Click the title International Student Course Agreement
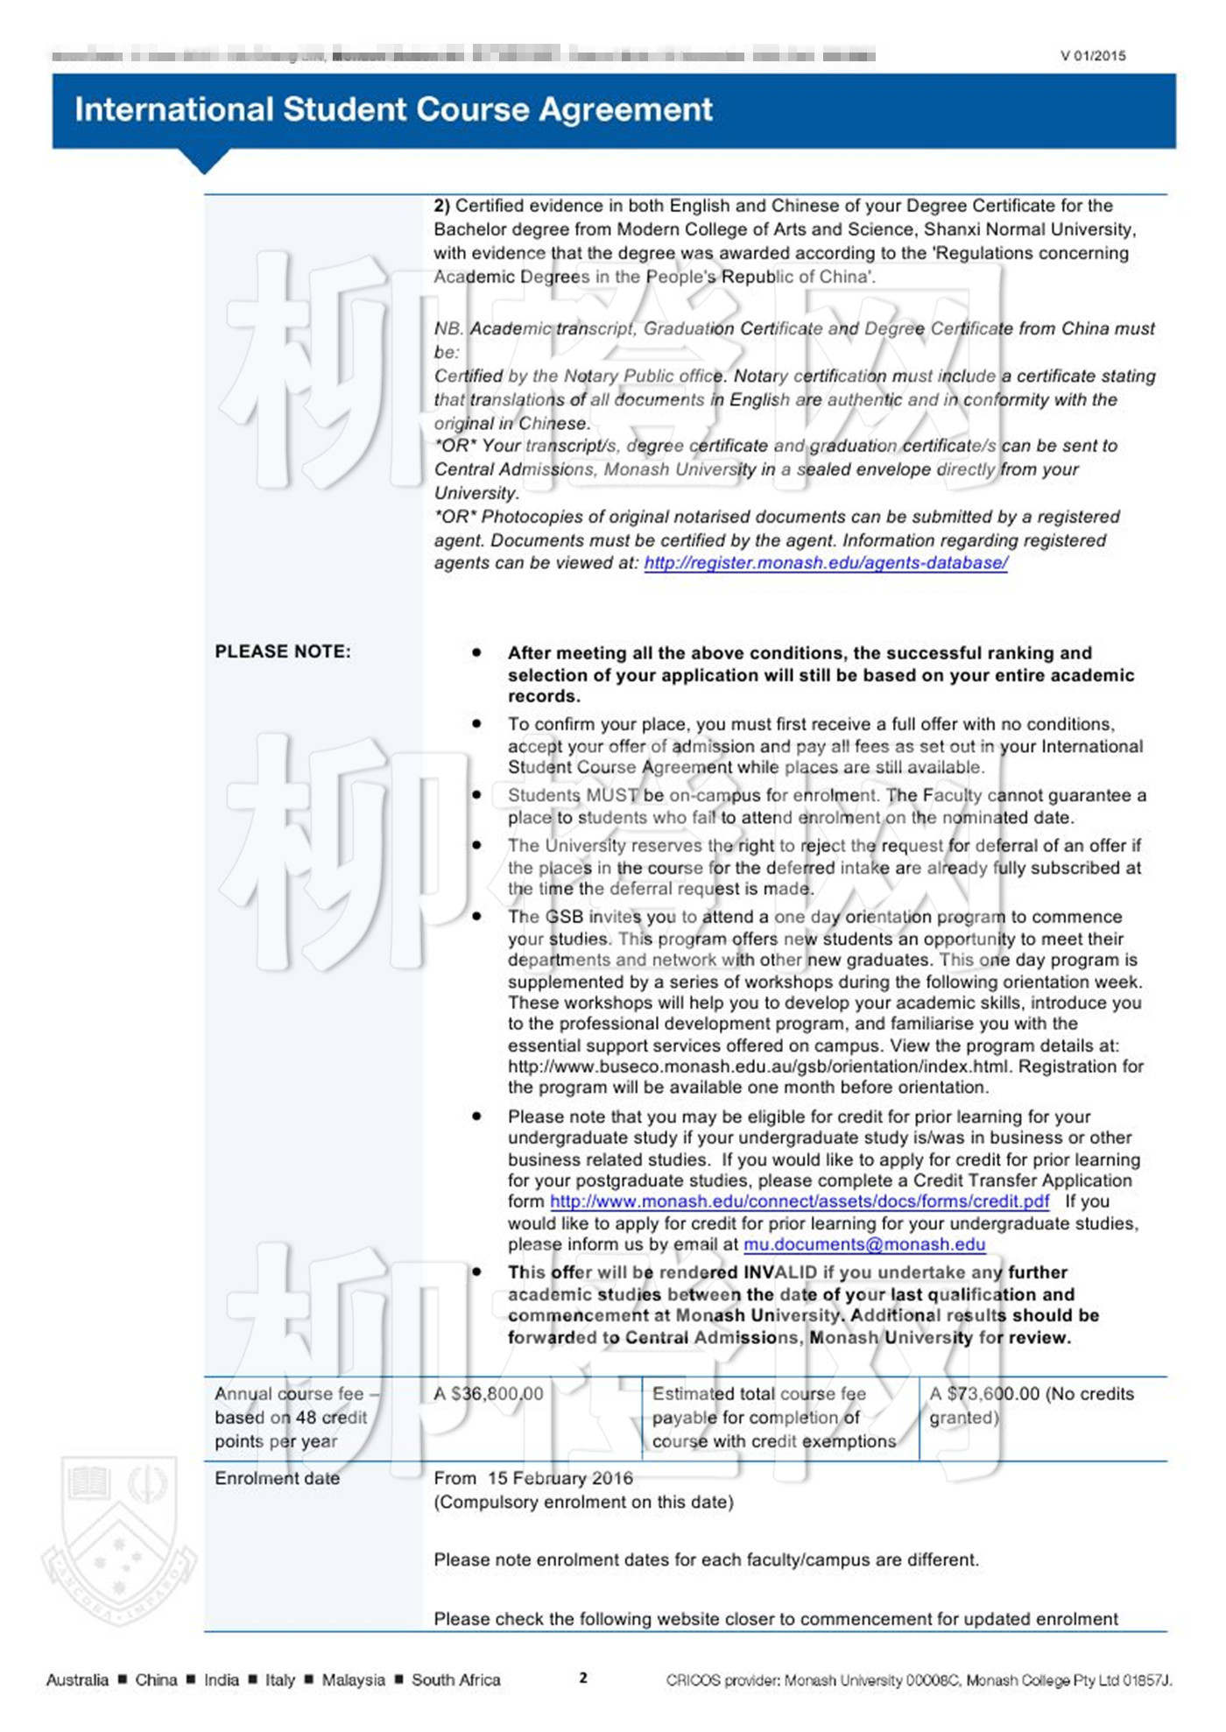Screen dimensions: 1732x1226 pos(393,109)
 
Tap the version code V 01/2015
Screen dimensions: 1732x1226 pos(1093,56)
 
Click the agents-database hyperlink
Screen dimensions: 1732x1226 pos(826,563)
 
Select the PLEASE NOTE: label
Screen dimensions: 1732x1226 pos(282,651)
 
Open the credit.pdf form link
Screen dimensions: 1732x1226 pos(800,1201)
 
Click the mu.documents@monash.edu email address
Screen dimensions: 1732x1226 pos(864,1244)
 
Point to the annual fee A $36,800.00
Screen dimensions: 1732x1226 pos(488,1394)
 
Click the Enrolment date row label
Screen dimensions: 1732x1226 pos(277,1478)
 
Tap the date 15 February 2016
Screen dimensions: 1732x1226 pos(560,1478)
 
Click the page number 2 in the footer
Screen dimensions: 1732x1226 pos(583,1678)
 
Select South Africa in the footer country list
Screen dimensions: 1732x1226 pos(455,1679)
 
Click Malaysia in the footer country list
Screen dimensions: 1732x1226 pos(353,1679)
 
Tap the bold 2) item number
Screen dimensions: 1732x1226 pos(441,206)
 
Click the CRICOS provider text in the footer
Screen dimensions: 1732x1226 pos(919,1679)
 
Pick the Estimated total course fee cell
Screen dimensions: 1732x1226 pos(774,1418)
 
